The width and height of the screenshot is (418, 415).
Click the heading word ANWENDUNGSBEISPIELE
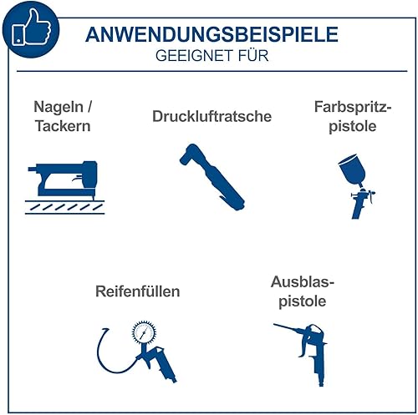point(212,34)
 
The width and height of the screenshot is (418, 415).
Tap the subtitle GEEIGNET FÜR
point(212,56)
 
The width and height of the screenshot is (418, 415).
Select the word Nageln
point(59,107)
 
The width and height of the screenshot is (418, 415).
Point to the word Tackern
point(63,126)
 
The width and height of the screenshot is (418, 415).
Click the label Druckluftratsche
point(212,116)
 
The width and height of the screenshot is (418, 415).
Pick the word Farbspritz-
point(353,107)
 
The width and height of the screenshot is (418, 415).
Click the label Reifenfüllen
point(138,291)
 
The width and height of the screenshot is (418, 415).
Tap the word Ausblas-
point(303,282)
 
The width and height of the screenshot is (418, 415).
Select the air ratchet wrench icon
point(212,177)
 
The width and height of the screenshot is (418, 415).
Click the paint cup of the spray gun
point(352,170)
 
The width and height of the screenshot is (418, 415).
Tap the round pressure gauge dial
point(144,332)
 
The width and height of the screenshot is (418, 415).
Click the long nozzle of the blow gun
point(288,328)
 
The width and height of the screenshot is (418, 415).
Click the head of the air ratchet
point(189,154)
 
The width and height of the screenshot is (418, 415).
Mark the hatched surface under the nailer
point(64,207)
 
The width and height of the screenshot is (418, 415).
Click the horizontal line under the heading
point(212,71)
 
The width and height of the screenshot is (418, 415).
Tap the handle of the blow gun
point(319,367)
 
